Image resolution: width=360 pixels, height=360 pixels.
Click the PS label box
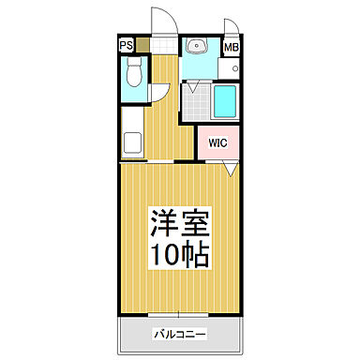126,44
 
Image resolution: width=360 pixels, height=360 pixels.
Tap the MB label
231,46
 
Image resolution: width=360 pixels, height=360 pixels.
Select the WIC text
217,142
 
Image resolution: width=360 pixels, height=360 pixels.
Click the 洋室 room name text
180,224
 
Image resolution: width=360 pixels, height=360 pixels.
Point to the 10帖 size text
180,254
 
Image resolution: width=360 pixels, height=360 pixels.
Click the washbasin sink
198,46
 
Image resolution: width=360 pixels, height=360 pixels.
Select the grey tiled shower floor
196,105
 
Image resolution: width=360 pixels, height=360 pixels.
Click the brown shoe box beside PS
142,44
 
